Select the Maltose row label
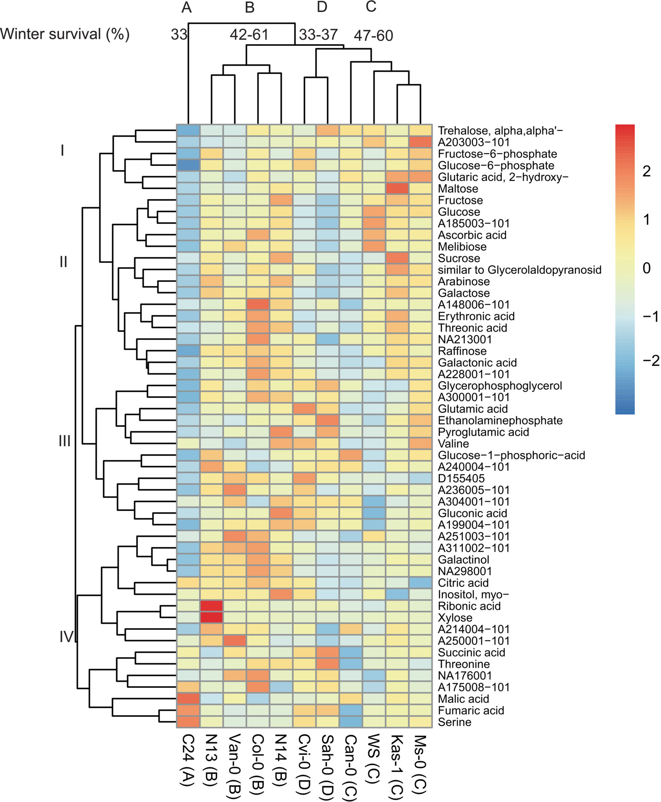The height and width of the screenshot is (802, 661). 458,189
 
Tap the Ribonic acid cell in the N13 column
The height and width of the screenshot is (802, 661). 211,606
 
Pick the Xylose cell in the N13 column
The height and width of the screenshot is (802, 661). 211,618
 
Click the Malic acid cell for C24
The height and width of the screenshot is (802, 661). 188,699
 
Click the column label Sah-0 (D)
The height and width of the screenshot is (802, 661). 327,765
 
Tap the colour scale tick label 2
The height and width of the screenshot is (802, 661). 646,171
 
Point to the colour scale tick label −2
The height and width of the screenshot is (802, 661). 650,360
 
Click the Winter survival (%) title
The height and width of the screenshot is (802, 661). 65,34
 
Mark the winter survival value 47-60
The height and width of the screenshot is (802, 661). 373,36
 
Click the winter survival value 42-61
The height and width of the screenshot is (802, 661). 249,34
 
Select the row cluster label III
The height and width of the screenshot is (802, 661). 64,441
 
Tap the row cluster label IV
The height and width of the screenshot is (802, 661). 67,637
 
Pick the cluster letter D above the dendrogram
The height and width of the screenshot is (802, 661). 321,7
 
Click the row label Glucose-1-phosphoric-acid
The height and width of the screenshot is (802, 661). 511,455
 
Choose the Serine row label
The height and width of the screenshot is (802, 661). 454,722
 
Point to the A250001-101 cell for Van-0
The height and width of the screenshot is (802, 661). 235,641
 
